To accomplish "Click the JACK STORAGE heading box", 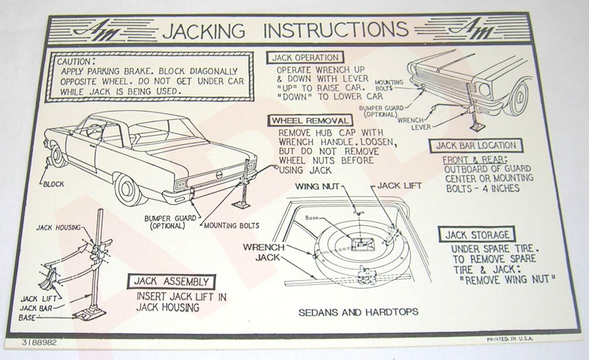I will (477, 235).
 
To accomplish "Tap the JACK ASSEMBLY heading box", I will (171, 282).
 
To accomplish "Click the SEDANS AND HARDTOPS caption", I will (358, 312).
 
